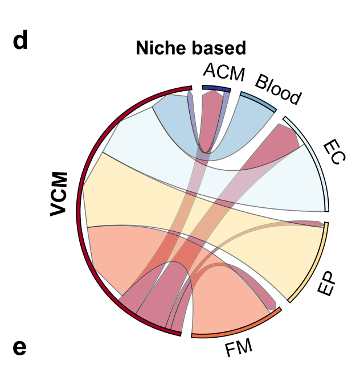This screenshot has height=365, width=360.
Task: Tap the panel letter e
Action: [x=19, y=346]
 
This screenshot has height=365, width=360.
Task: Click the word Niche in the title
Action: [x=159, y=48]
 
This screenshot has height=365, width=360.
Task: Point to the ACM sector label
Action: [x=223, y=72]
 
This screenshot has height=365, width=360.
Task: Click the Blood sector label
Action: [x=277, y=90]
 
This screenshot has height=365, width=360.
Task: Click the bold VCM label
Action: [x=59, y=194]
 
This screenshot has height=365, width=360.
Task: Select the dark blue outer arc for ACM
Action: [x=216, y=88]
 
